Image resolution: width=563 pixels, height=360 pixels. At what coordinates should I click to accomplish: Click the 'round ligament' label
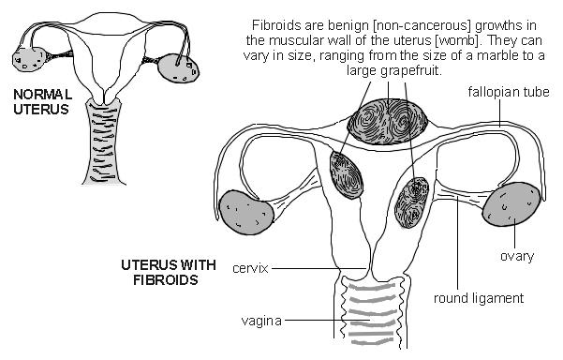pyautogui.click(x=478, y=299)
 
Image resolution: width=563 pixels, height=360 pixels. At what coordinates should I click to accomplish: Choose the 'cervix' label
pyautogui.click(x=250, y=268)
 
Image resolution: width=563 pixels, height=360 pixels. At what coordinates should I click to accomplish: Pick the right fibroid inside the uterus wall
pyautogui.click(x=413, y=202)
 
